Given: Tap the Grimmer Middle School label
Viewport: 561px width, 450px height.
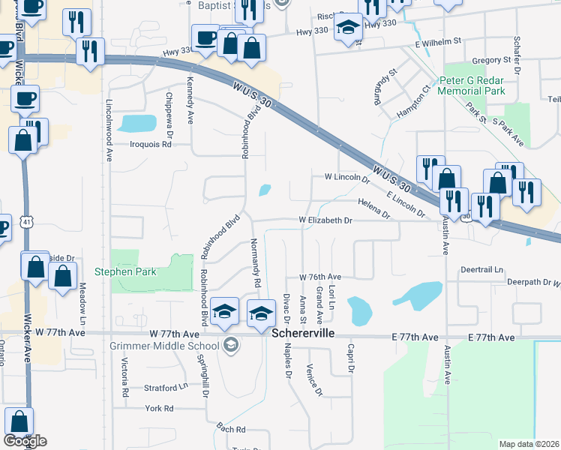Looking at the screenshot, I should coord(163,345).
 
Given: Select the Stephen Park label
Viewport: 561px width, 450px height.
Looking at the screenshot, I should coord(125,271).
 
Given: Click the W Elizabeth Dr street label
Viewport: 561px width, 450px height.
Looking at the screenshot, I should coord(325,220).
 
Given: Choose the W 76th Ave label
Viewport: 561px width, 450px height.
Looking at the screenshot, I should coord(320,276).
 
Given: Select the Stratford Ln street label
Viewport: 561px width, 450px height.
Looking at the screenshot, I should coord(166,388).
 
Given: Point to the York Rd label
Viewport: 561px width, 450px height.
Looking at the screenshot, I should coord(160,408).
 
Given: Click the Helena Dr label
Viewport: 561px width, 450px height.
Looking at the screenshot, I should coord(374,208).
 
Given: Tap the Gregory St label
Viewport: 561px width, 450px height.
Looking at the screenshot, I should coord(490,60).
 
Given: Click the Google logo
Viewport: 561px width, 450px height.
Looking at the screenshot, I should coord(25,441).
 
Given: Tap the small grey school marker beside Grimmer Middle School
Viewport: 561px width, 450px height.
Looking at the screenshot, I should coord(232,345).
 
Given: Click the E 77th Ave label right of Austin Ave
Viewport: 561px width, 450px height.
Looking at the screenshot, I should coord(491,338).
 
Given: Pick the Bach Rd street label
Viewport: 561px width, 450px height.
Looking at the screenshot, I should coord(230,429).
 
